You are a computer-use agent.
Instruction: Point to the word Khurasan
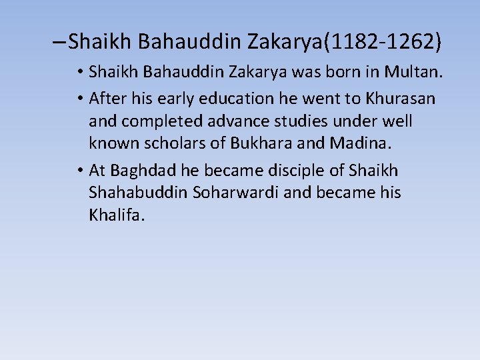400,99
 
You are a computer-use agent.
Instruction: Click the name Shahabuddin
138,193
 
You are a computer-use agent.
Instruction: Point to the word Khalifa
116,215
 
